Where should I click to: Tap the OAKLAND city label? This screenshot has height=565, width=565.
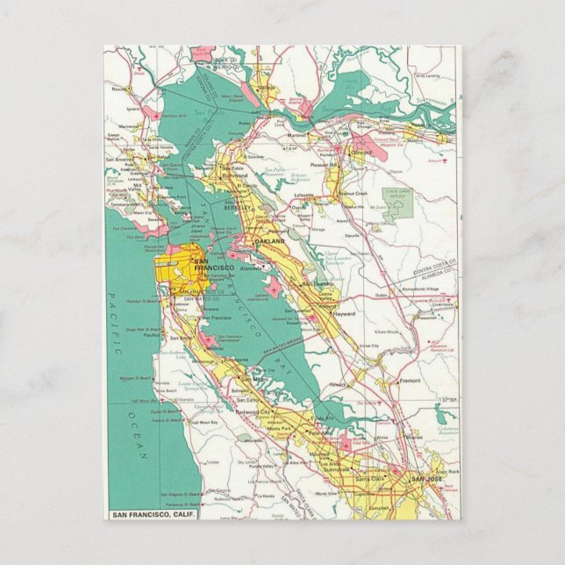(x=268, y=240)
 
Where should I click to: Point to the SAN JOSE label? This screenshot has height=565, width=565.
(x=427, y=478)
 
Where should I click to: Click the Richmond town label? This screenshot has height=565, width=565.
(x=235, y=175)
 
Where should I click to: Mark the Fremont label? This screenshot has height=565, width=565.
(x=409, y=381)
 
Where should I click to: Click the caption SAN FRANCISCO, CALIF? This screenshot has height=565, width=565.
(x=151, y=513)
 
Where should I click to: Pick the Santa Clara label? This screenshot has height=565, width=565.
(x=369, y=479)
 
